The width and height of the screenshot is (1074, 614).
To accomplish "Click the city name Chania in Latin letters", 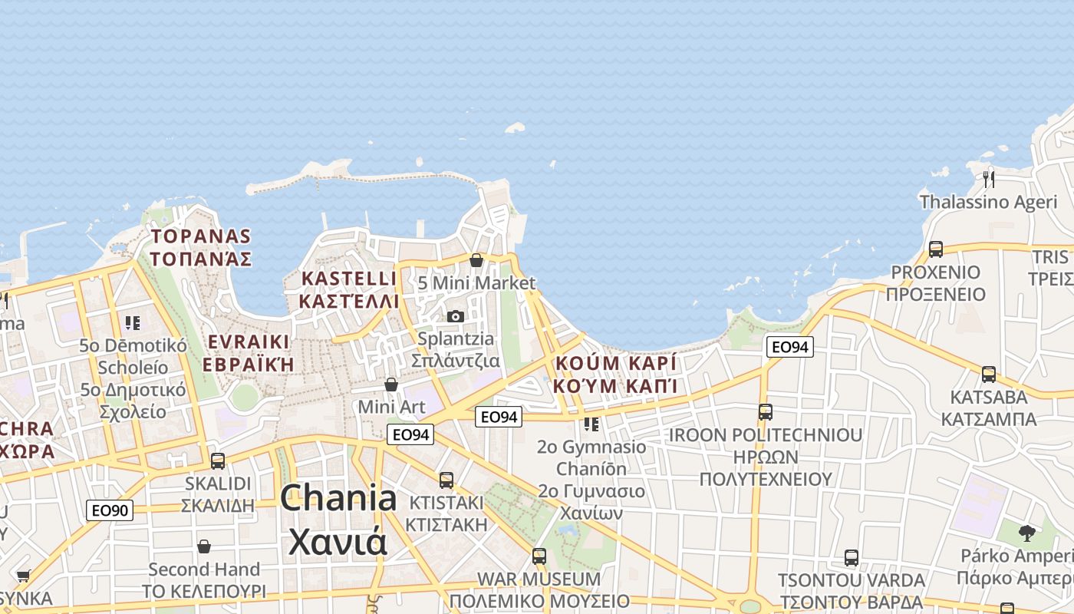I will [338, 499].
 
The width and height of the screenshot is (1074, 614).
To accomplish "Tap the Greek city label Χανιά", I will [338, 541].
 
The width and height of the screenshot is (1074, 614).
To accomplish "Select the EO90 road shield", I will [110, 510].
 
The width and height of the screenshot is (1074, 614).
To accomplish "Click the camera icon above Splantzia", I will [456, 316].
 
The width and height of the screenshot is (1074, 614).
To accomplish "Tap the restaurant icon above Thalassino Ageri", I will [989, 179].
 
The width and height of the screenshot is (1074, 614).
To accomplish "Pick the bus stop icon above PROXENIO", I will [935, 249].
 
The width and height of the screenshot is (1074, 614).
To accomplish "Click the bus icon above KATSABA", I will [989, 375].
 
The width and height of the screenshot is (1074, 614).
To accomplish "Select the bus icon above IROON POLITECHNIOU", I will [765, 412].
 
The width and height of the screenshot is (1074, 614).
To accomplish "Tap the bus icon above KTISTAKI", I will [446, 480].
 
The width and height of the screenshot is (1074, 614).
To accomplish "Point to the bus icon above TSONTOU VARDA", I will [851, 558].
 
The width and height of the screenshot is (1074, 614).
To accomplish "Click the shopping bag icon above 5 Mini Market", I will [476, 260].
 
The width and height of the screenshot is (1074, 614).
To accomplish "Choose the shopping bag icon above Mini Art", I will [391, 384].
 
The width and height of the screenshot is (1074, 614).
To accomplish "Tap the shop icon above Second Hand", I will [203, 546].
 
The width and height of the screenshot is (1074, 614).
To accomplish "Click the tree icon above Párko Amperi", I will [1026, 533].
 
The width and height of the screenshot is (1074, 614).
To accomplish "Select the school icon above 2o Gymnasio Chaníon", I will [591, 424].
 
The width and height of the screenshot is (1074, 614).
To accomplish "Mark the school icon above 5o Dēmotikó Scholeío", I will [133, 323].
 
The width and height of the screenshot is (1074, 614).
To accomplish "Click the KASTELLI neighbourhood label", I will [349, 279].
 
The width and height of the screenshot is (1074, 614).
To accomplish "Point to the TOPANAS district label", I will [201, 236].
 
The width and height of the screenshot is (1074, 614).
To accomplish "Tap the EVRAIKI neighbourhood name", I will [247, 342].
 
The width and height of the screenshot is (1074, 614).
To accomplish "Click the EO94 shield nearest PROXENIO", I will [789, 348].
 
